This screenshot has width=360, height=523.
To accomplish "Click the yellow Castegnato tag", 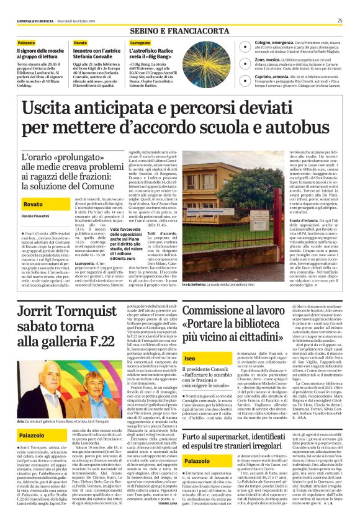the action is (140, 42).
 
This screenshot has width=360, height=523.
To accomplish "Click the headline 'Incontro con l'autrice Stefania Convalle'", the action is (94, 53).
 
